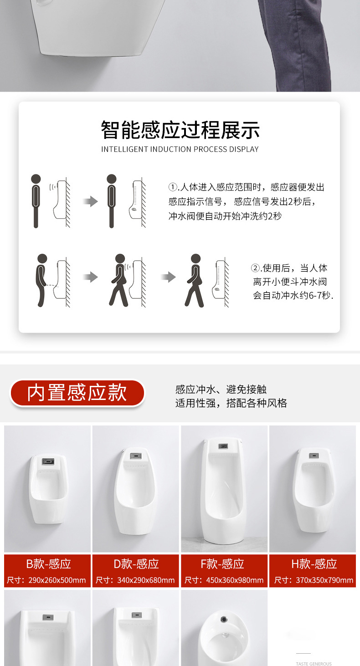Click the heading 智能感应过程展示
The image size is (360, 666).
click(180, 130)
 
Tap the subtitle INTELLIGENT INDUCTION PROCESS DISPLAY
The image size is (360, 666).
click(180, 149)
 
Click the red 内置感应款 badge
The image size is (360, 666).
click(77, 393)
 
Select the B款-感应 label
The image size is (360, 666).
click(48, 564)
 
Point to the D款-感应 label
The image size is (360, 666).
click(136, 564)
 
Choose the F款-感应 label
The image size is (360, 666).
click(222, 564)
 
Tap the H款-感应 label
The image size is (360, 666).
click(314, 564)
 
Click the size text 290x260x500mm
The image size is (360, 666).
click(57, 580)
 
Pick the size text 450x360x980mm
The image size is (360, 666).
click(235, 580)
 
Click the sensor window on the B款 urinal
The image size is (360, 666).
click(48, 461)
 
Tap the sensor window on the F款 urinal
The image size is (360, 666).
click(223, 446)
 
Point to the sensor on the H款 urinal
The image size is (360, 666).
click(314, 456)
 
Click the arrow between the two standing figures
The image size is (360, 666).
click(90, 201)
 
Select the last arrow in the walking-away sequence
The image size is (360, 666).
click(169, 277)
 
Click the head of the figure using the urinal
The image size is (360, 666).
click(42, 258)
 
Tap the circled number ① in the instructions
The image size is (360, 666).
click(173, 187)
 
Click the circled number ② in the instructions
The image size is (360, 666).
click(255, 268)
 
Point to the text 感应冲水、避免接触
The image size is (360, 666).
click(221, 389)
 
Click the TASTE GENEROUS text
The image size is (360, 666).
click(314, 664)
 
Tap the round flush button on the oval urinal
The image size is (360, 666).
click(224, 620)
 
